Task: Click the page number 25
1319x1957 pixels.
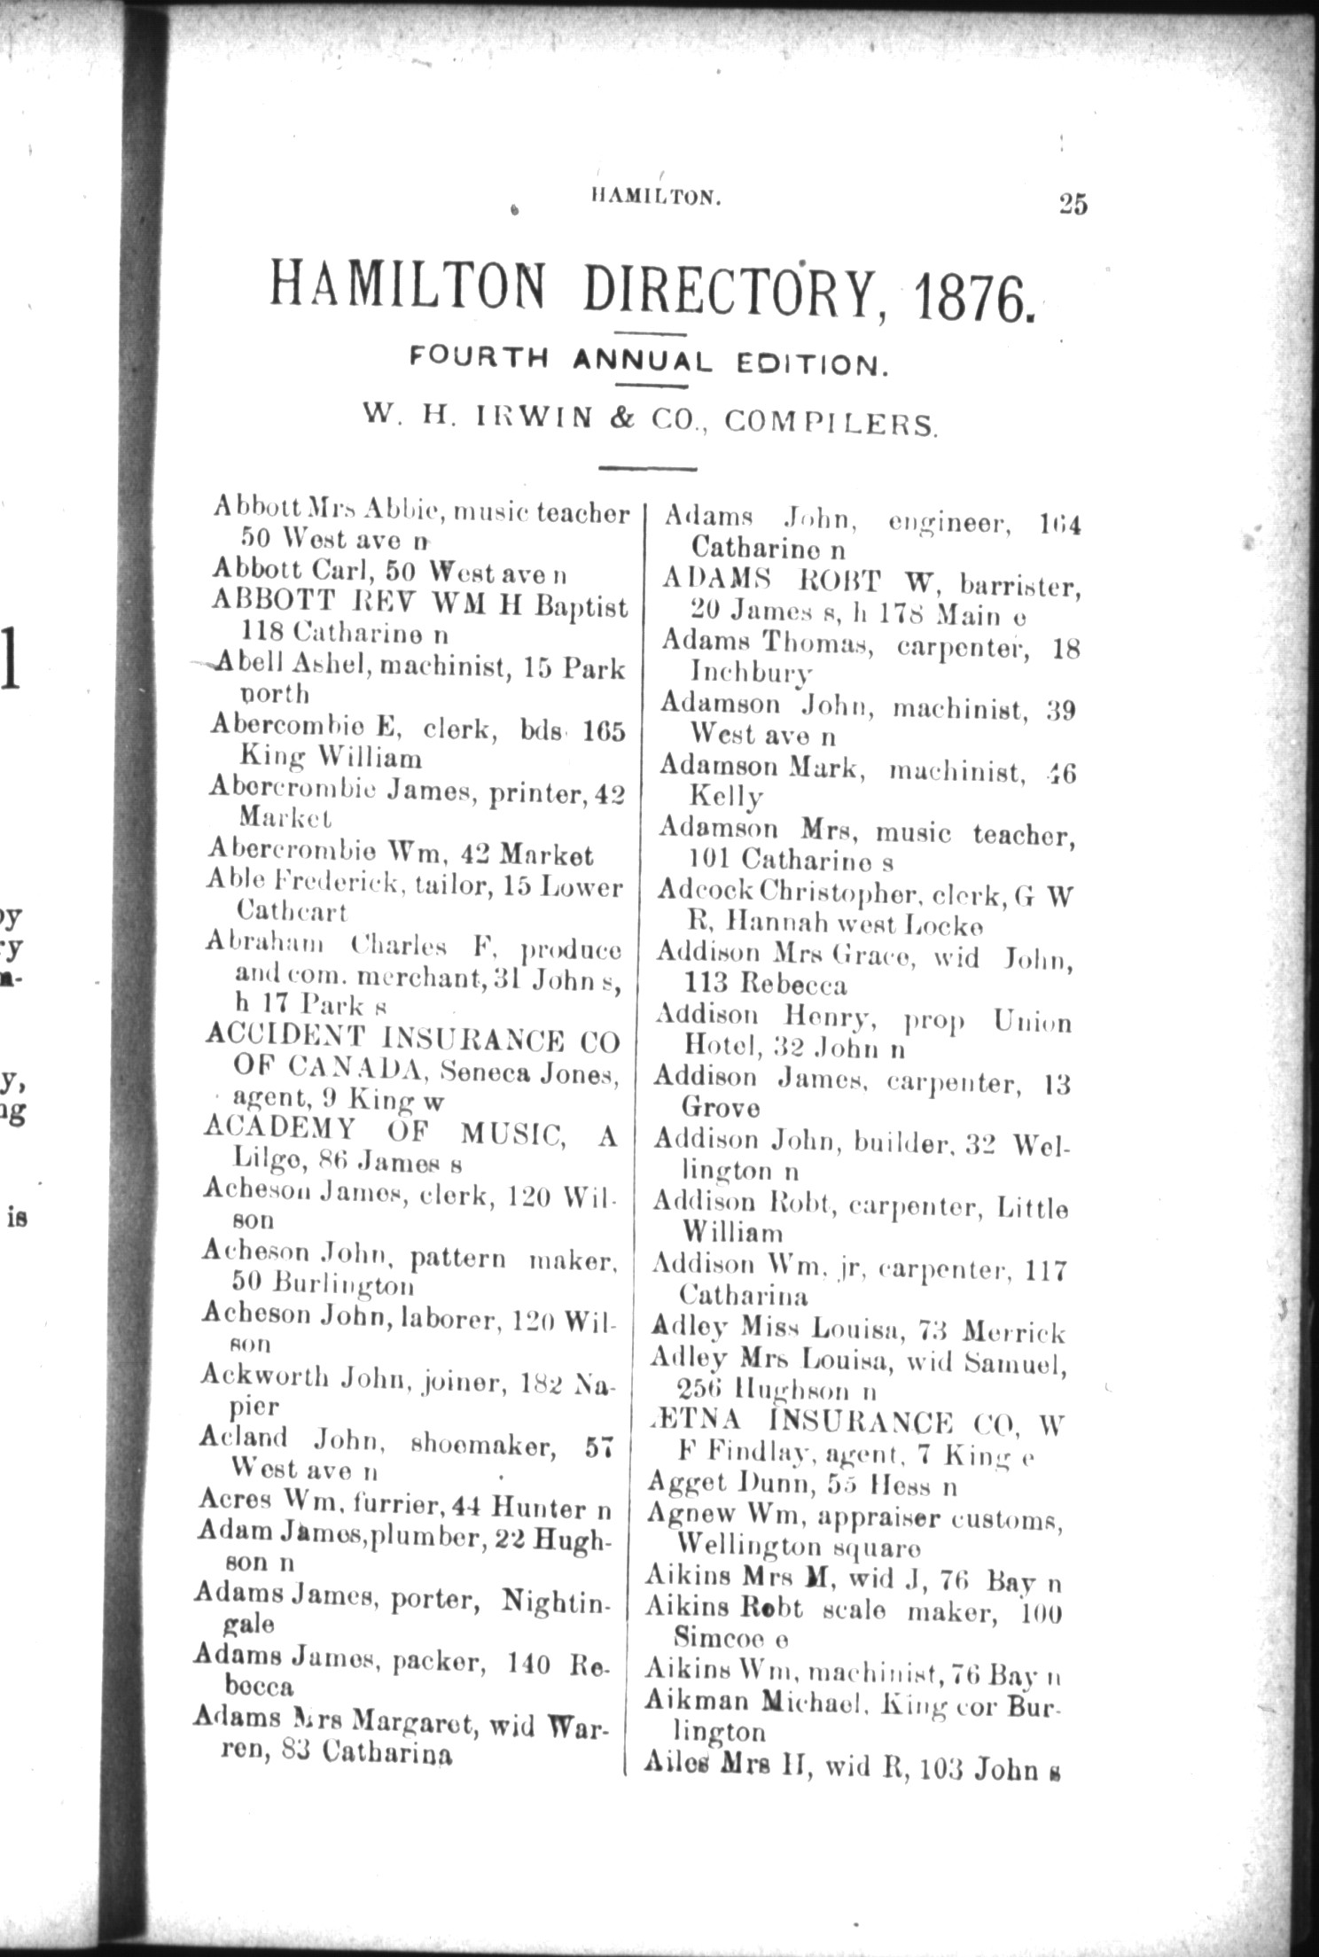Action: (1072, 205)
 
